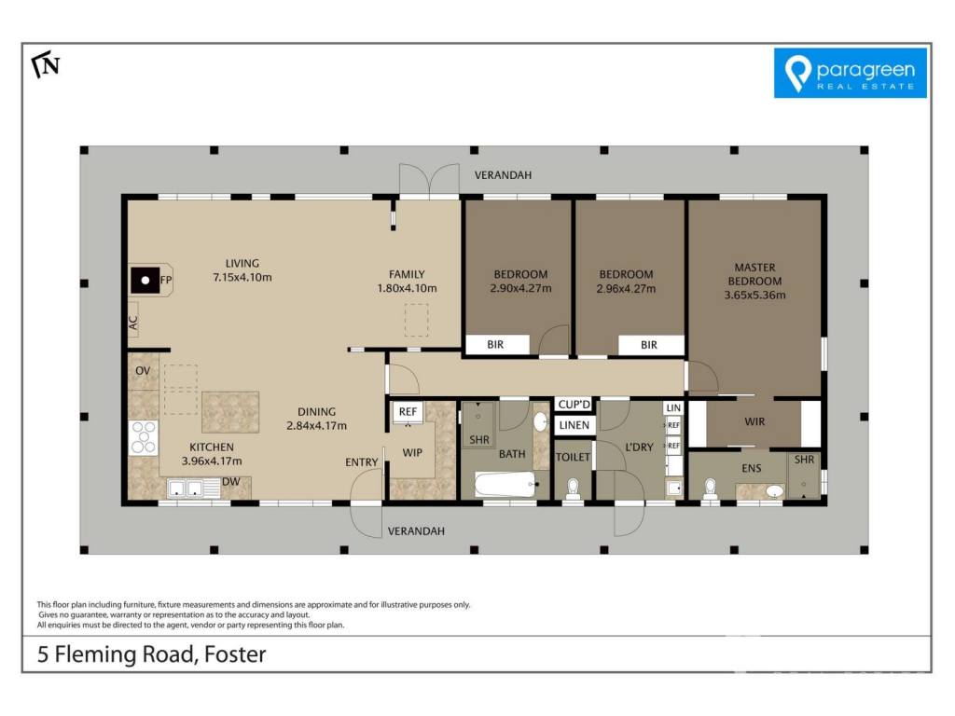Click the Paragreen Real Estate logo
point(851,73)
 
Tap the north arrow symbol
point(46,65)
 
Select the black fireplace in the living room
point(145,281)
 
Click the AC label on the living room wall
point(133,323)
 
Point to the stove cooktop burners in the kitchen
point(144,437)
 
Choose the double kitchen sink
point(186,489)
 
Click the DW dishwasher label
point(231,482)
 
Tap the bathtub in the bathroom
point(505,485)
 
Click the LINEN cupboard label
point(574,425)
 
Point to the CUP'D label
point(574,405)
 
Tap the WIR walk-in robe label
point(754,421)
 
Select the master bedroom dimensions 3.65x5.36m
point(754,296)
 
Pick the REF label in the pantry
point(408,411)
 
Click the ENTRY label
point(362,462)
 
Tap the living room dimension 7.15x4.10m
point(242,278)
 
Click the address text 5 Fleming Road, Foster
point(152,654)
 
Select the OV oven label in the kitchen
point(143,371)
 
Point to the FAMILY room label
point(407,275)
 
